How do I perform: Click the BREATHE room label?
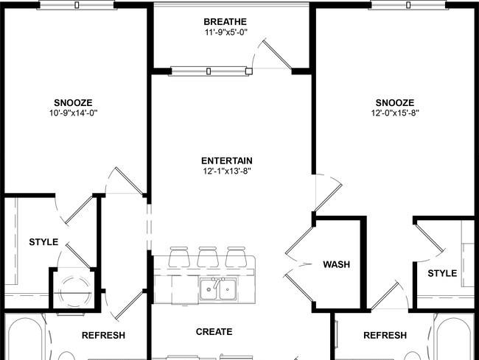[x=225, y=22]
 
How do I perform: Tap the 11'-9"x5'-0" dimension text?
[x=226, y=32]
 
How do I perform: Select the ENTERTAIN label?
[x=227, y=160]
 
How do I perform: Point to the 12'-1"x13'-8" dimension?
[x=227, y=171]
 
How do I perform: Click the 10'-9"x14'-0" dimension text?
[x=73, y=113]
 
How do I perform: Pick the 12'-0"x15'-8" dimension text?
[x=395, y=113]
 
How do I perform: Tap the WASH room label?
[x=336, y=264]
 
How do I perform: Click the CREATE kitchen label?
[x=214, y=331]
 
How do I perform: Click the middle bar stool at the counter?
[x=208, y=257]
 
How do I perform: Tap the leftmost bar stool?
[x=179, y=257]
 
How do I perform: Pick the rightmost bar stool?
[x=236, y=257]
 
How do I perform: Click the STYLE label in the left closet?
[x=43, y=242]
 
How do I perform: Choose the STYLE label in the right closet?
[x=442, y=273]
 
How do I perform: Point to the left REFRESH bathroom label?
[x=104, y=335]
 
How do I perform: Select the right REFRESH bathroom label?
[x=385, y=335]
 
